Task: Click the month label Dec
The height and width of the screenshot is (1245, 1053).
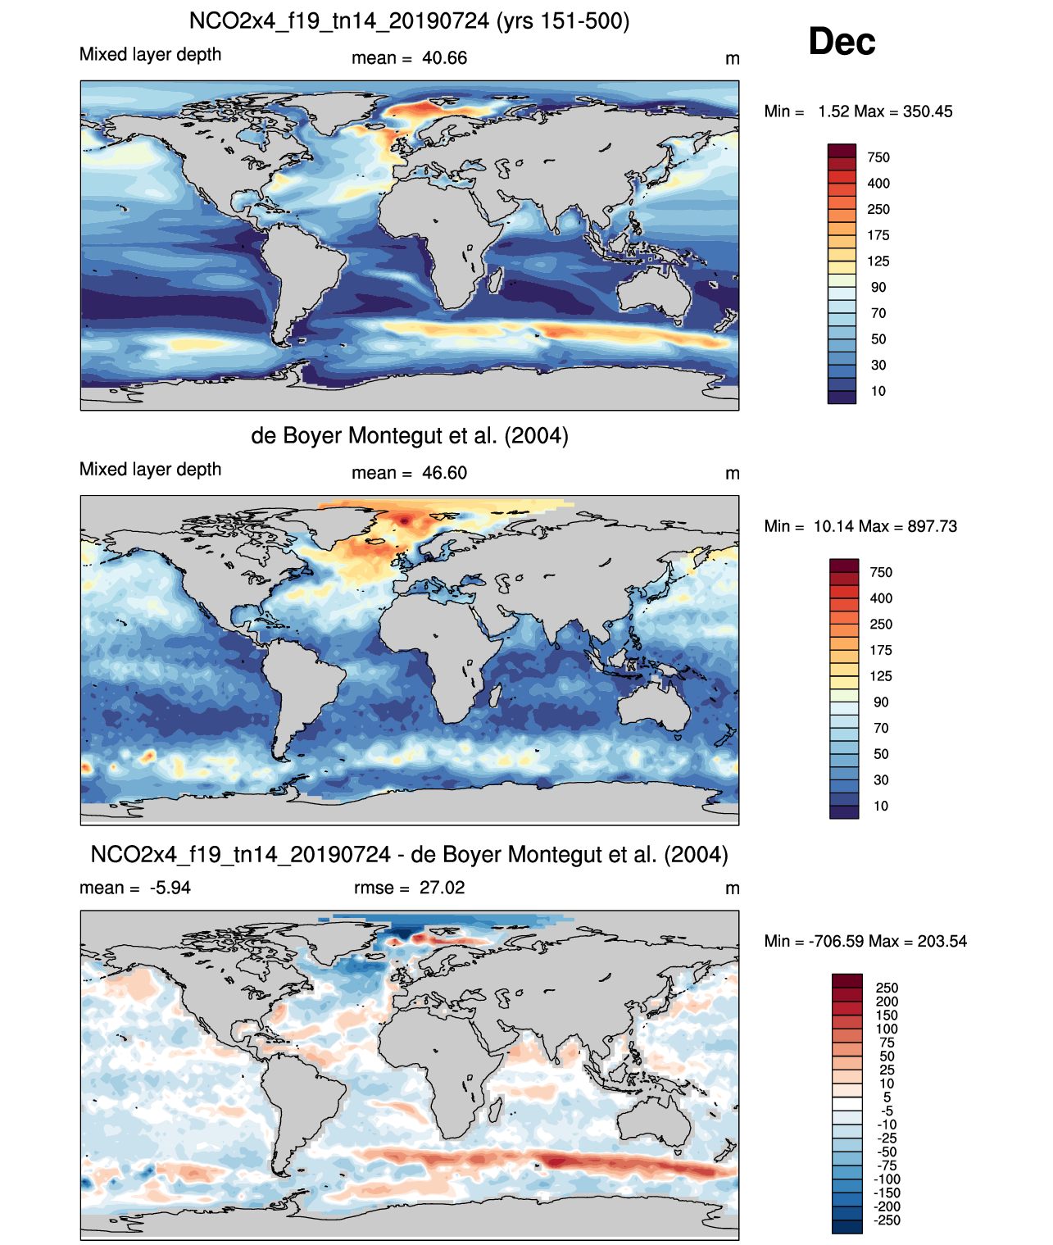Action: click(842, 42)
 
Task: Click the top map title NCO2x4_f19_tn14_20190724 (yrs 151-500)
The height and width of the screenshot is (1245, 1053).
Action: click(409, 20)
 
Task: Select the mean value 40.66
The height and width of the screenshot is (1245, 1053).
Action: click(444, 58)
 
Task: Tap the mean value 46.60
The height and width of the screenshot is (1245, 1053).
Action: click(444, 473)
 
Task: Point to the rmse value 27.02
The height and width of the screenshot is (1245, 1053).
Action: click(442, 888)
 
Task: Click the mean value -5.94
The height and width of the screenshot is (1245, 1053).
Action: click(170, 888)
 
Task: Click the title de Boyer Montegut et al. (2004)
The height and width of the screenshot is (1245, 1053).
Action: click(409, 435)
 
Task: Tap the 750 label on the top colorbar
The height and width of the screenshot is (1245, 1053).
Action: click(878, 157)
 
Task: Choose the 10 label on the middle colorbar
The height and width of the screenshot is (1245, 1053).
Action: click(881, 806)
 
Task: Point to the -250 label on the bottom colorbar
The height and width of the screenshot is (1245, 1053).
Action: click(887, 1220)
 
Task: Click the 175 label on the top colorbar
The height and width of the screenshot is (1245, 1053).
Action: click(878, 235)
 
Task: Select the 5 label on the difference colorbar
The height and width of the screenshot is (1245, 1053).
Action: click(887, 1097)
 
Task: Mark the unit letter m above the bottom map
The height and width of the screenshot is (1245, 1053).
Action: click(733, 888)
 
